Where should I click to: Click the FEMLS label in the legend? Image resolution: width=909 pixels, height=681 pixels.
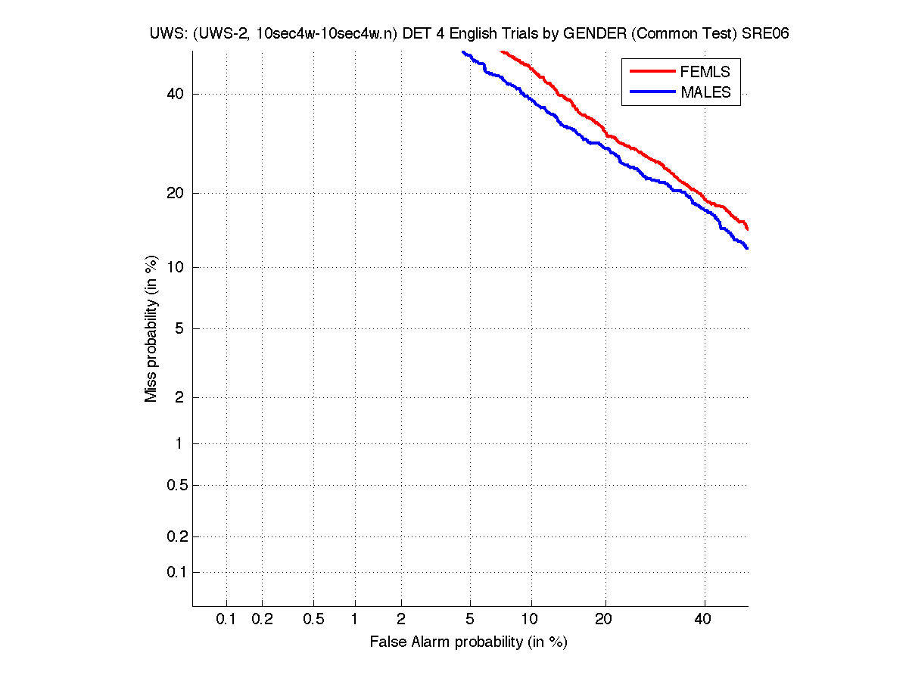pos(705,72)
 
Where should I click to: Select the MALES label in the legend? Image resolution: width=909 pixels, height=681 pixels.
pos(705,92)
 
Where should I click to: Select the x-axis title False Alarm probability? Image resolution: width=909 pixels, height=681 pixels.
pos(468,642)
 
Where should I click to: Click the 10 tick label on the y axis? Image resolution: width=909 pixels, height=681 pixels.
pos(175,267)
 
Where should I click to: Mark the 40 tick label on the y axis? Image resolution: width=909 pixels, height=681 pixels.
pos(175,94)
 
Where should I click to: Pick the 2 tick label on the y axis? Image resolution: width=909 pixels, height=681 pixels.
pos(179,397)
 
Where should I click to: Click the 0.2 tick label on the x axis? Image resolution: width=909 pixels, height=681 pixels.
pos(262,619)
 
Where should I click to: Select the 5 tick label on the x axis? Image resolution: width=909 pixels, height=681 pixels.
pos(470,619)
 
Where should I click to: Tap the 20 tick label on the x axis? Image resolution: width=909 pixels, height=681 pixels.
pos(603,619)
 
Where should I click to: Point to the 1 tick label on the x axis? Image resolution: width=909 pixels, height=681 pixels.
pos(355,619)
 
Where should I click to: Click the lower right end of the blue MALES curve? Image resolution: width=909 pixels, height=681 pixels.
pos(746,247)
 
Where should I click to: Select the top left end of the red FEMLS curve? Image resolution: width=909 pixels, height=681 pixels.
pos(502,51)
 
